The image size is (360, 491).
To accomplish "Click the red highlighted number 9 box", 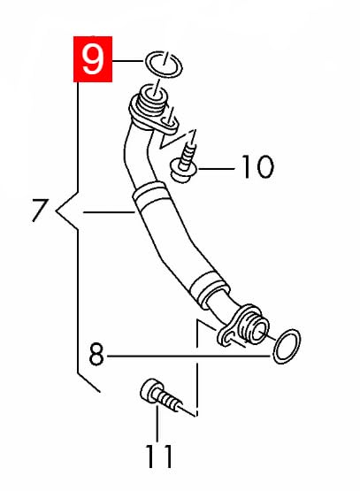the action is (x=93, y=59).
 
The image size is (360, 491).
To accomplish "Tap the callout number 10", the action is (x=258, y=167).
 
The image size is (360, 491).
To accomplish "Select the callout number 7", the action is (x=40, y=211).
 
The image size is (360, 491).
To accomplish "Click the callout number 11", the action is (x=159, y=456).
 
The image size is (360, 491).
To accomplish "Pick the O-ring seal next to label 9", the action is (x=163, y=64).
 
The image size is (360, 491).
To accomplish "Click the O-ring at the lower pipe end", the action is (x=286, y=346).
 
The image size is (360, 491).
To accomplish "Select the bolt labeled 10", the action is (x=185, y=163).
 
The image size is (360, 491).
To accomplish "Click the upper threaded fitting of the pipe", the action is (x=151, y=101).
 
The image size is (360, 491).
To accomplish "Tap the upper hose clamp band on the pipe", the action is (x=149, y=192).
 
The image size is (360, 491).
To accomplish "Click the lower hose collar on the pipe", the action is (x=208, y=288).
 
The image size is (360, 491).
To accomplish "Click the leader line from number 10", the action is (x=217, y=169).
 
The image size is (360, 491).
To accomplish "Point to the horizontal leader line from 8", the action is (x=188, y=356).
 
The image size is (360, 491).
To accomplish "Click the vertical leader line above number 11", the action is (x=157, y=424).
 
